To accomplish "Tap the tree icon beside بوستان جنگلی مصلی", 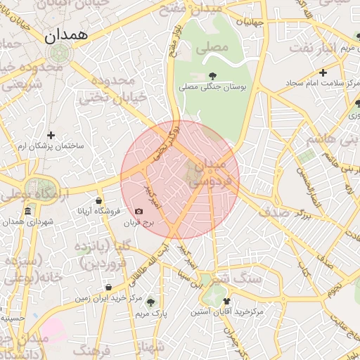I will coord(212,75).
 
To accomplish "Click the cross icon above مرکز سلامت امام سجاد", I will coord(323,72).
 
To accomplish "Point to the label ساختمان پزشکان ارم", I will coord(51,146).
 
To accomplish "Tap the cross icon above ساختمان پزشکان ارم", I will coord(51,135).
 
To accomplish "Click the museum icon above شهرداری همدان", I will coord(27,212).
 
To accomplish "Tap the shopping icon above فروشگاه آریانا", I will coord(99,200).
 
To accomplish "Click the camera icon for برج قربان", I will coord(139,211).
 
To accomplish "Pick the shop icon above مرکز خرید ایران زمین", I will coord(108,287).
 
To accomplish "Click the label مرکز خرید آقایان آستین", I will coord(227,310).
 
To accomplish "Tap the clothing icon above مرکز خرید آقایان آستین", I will coord(226,300).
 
